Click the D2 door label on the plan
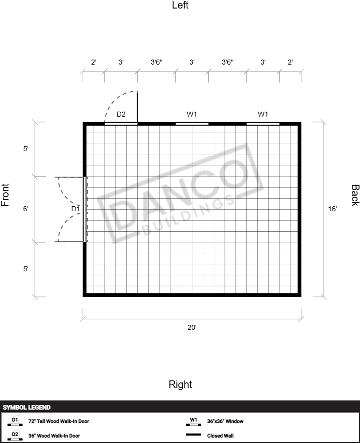coord(121,114)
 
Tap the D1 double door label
coord(76,209)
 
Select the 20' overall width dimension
coord(192,327)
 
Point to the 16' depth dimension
coord(332,209)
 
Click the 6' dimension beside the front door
coord(26,209)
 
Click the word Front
coord(5,195)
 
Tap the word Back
coord(355,195)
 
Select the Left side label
coord(180,5)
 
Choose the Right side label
coord(180,384)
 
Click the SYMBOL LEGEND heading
coord(27,407)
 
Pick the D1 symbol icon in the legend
coord(15,421)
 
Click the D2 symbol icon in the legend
coord(15,435)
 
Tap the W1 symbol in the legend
coord(194,421)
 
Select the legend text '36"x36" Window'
coord(225,421)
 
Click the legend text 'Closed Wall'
coord(220,435)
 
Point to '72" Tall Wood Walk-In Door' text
coord(59,421)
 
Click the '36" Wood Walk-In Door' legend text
coord(54,435)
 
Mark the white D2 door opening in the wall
coord(121,124)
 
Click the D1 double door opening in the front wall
coord(85,209)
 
